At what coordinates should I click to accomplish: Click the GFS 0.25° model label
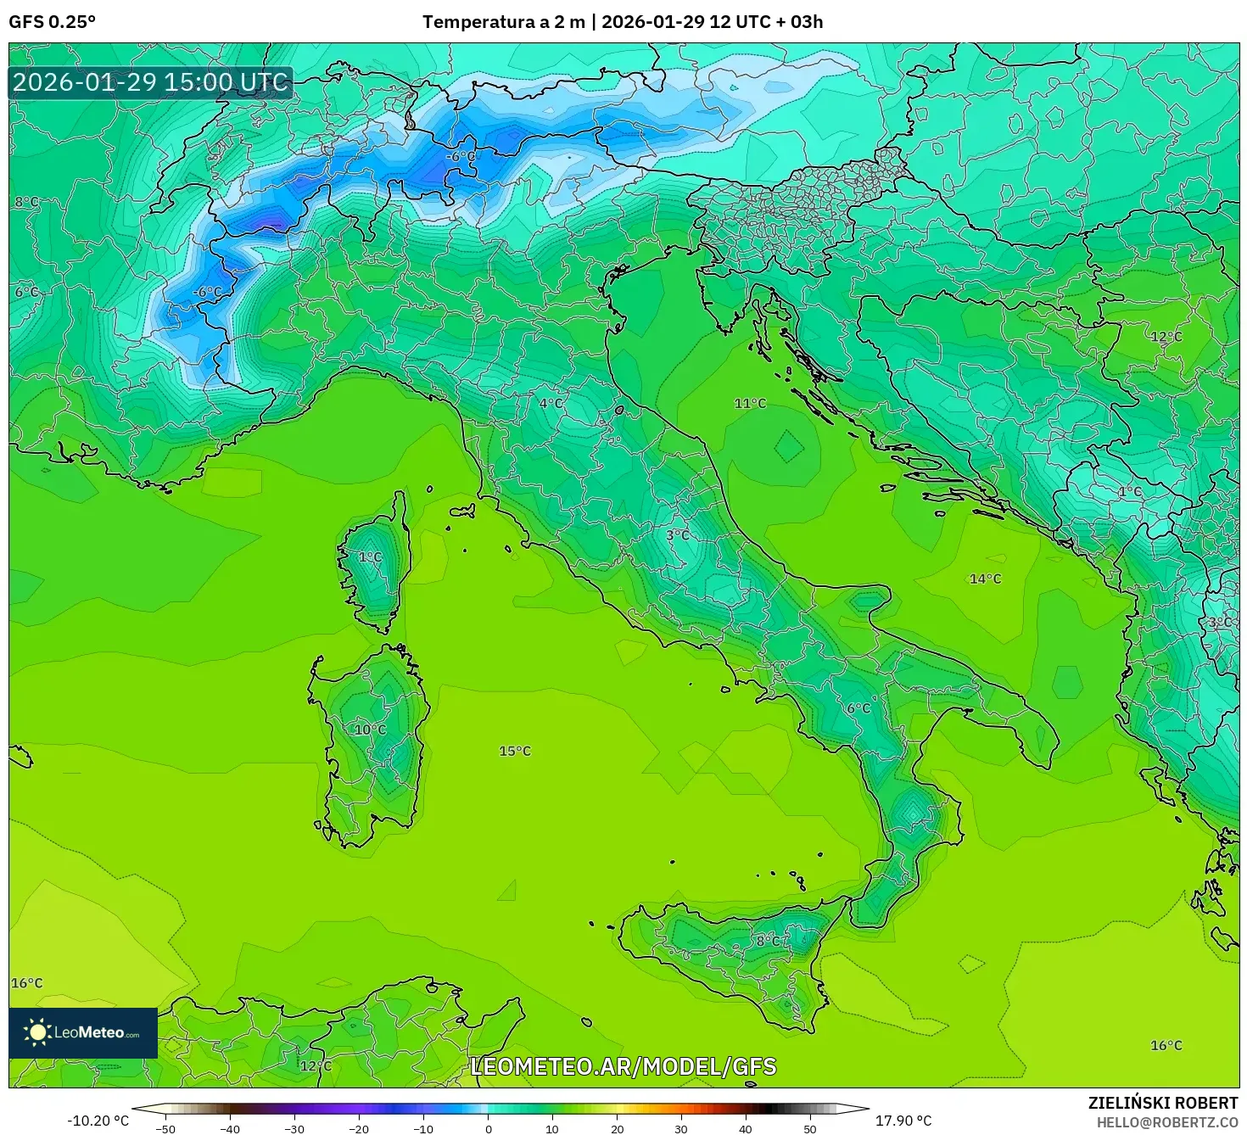52,22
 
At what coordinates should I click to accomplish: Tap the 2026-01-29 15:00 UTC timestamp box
151,82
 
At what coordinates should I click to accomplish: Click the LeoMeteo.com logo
83,1032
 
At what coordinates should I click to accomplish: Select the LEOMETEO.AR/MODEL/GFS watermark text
623,1066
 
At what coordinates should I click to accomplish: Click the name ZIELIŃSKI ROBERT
1162,1103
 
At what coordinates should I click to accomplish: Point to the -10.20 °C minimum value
98,1121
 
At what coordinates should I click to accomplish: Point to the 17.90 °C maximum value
903,1121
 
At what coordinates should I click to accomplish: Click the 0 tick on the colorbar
488,1128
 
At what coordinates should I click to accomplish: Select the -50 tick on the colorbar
165,1128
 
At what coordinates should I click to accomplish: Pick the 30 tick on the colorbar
681,1128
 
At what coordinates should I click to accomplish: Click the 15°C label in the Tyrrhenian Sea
515,751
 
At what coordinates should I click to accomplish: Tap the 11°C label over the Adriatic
750,403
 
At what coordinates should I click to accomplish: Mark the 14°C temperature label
985,579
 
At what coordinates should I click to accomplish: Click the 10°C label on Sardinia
370,730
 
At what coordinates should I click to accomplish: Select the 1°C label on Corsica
370,557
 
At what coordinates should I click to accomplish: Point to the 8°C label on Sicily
768,941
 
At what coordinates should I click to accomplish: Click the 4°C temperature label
551,404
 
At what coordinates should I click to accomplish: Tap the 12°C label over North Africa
316,1065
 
